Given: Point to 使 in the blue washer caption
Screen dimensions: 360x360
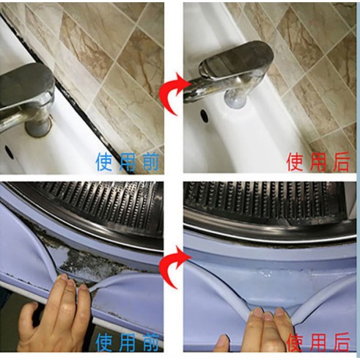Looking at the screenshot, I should pos(104,342).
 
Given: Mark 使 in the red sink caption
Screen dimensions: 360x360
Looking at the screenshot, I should pos(295,161).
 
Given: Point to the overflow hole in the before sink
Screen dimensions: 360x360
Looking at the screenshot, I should pos(8,152).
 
